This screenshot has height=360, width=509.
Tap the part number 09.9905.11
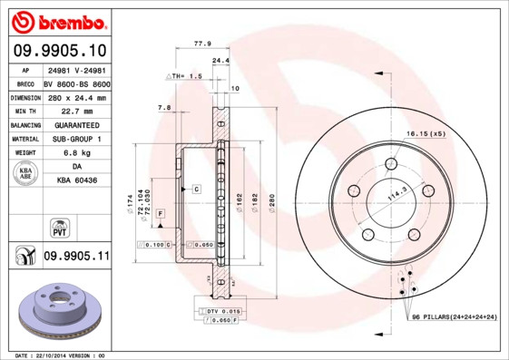coord(75,257)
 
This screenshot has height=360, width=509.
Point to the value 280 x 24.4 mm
coord(76,97)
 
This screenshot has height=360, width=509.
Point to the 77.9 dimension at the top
coord(202,43)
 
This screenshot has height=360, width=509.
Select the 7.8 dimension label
coord(164,108)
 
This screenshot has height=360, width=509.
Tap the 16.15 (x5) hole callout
coord(425,133)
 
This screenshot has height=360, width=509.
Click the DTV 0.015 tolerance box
coord(220,311)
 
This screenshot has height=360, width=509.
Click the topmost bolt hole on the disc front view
coord(392,163)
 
